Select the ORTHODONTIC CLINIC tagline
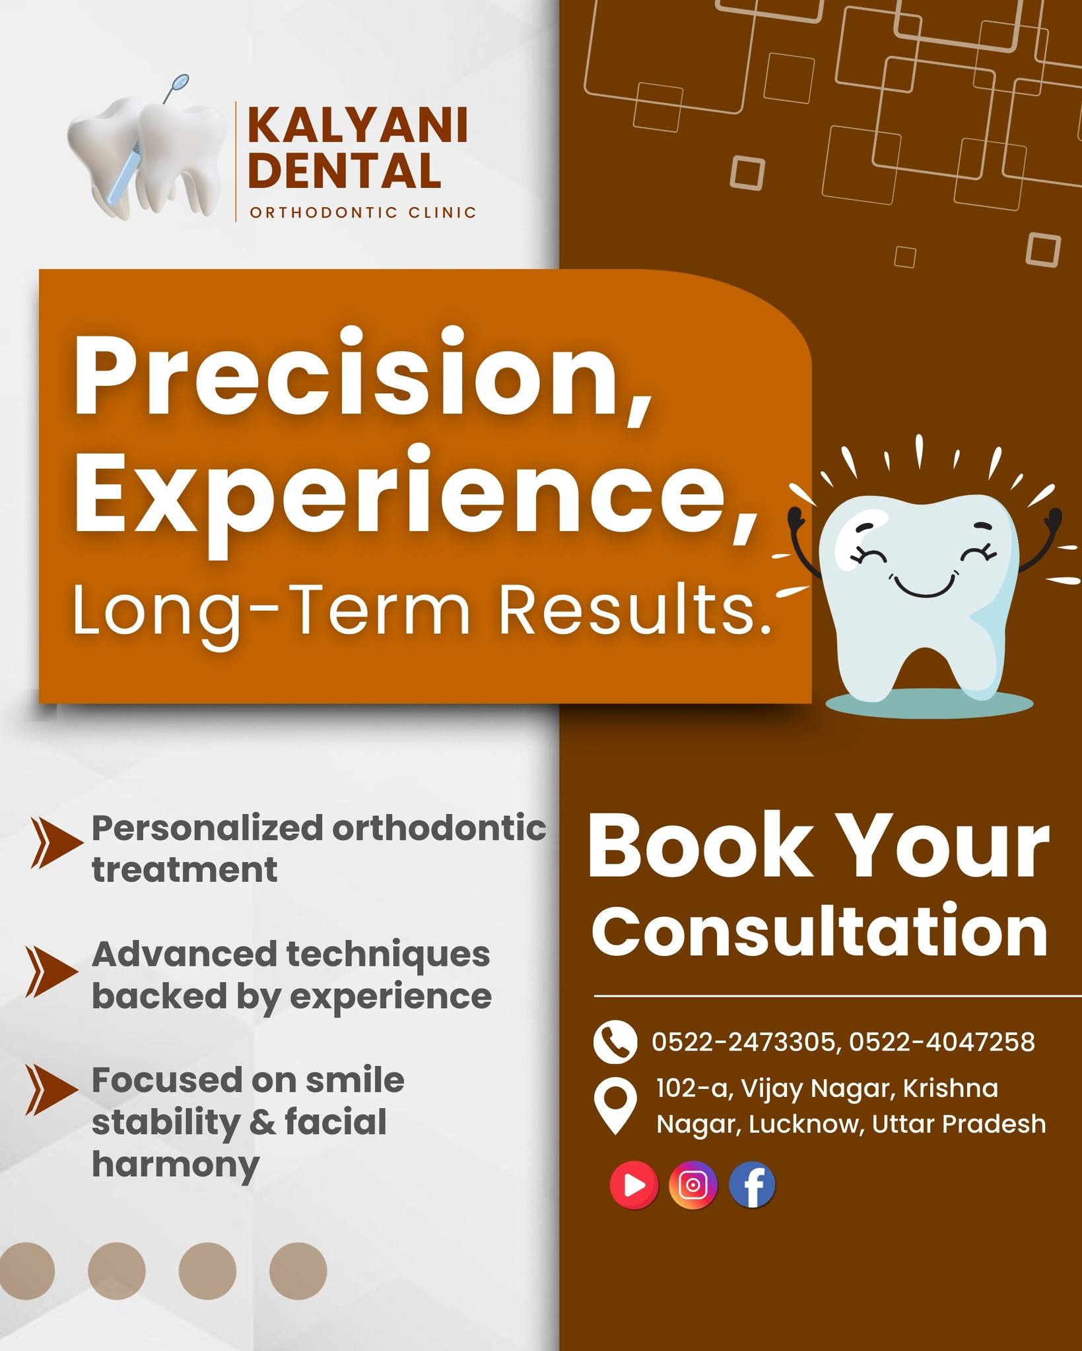[x=363, y=212]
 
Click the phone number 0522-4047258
[x=942, y=1042]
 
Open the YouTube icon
[x=634, y=1185]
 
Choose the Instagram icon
[x=693, y=1185]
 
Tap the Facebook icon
[x=753, y=1185]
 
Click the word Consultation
[x=819, y=931]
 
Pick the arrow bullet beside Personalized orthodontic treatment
[x=56, y=842]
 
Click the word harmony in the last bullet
[x=175, y=1165]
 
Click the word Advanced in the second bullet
[x=184, y=955]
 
